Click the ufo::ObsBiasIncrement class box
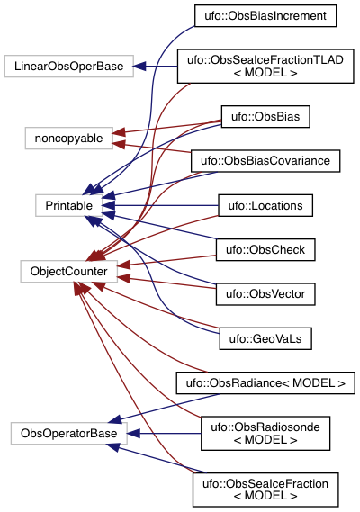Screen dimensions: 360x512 tap(265, 15)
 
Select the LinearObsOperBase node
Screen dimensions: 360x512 tap(69, 67)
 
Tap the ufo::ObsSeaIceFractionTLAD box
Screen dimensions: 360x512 tap(265, 67)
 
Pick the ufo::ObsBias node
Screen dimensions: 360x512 tap(265, 117)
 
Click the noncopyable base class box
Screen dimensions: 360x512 tap(69, 138)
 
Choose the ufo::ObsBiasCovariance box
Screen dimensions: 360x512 tap(265, 161)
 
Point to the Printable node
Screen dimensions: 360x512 tap(69, 205)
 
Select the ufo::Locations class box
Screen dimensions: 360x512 tap(265, 205)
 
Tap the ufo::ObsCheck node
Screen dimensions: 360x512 tap(265, 250)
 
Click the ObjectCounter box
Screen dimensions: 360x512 tap(69, 272)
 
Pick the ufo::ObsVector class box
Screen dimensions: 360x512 tap(265, 294)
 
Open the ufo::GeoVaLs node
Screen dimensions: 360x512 tap(265, 338)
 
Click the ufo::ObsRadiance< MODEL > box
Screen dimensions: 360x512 tap(265, 382)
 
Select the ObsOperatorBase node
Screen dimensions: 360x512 tap(69, 434)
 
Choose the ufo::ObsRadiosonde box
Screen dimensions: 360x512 tap(265, 434)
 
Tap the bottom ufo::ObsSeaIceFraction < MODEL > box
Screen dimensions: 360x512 tap(265, 490)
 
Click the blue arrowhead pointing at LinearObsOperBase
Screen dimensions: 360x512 tap(139, 67)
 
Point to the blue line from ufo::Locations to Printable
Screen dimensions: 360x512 tap(160, 205)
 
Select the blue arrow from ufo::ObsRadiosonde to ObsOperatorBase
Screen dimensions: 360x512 tap(163, 434)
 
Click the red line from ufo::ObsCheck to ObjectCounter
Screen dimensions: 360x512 tap(166, 261)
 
